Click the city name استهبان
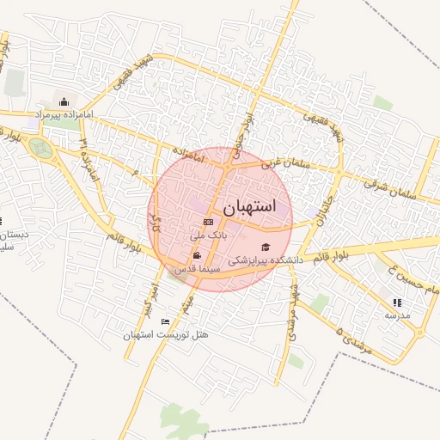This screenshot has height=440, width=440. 249,207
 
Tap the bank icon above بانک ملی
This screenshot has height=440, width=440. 207,222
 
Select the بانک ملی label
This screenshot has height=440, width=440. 209,234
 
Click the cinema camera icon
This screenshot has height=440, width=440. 199,256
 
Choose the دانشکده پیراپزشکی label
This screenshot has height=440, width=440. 264,259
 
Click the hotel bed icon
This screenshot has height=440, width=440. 165,321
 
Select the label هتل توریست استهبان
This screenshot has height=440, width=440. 166,334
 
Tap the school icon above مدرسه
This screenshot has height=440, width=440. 397,302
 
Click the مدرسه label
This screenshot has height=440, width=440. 397,315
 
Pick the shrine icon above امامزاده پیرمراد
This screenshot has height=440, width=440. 64,101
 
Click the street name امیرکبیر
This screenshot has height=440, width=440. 148,296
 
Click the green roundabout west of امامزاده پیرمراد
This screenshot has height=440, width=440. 40,148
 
